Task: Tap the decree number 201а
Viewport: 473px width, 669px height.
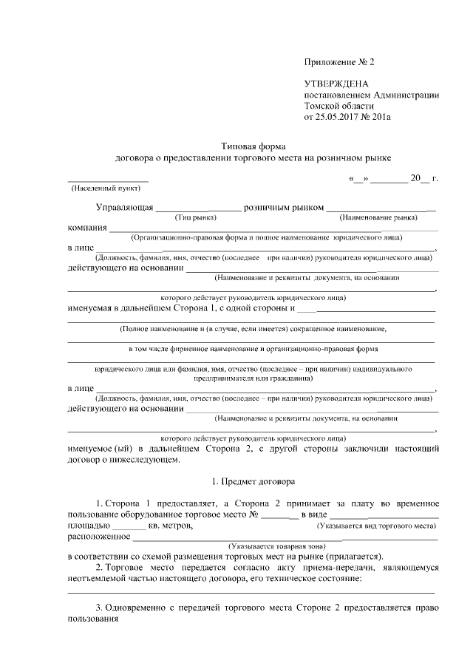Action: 388,116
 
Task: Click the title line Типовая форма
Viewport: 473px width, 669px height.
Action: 253,146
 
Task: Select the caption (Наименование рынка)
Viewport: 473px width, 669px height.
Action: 378,218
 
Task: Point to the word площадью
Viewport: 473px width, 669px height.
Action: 89,526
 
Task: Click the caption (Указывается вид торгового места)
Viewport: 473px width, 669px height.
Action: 375,526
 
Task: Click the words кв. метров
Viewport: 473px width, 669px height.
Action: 171,526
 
